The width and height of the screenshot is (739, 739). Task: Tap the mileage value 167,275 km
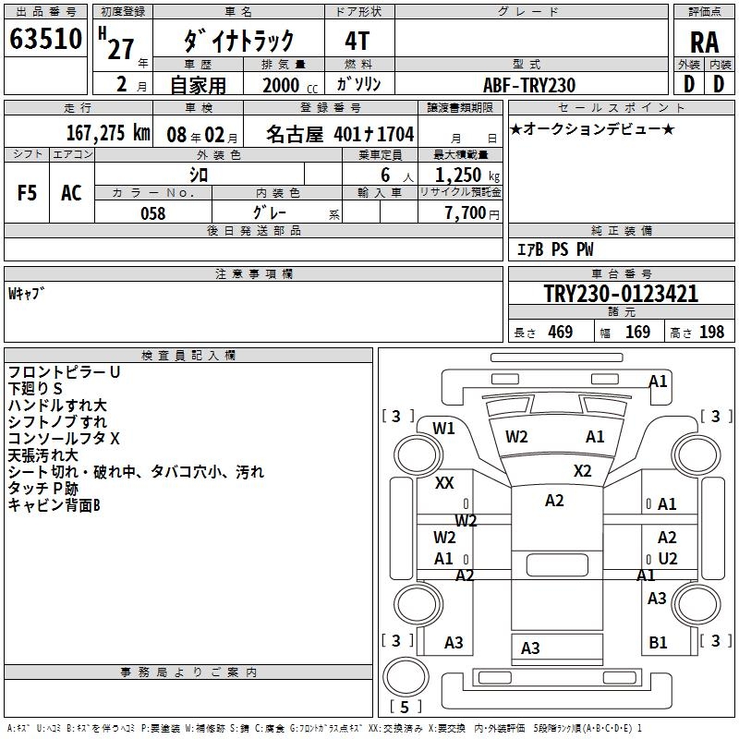(107, 132)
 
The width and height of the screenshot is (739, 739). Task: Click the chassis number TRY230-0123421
(621, 294)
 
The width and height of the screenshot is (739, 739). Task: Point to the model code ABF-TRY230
(529, 85)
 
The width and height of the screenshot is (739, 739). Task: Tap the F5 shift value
(27, 192)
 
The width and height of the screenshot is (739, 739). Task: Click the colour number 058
(152, 213)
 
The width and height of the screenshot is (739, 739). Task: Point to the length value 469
(560, 332)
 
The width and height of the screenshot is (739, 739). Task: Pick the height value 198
(712, 332)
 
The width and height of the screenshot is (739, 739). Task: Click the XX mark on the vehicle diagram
(444, 483)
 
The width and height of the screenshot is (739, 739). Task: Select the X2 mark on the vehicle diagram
(582, 470)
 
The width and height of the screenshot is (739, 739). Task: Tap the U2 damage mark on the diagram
(667, 558)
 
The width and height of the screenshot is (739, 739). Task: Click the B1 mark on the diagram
(658, 643)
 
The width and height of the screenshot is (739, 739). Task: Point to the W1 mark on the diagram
(444, 428)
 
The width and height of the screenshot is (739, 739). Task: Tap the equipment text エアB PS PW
(554, 249)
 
